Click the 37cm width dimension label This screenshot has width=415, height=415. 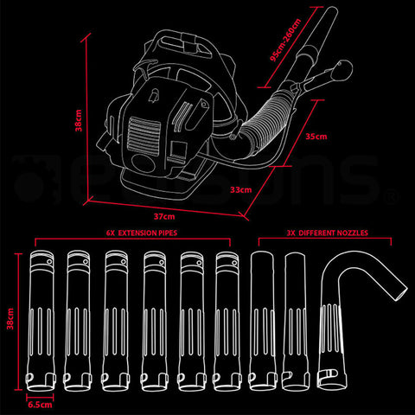(x=164, y=216)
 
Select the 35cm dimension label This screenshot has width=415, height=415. (x=316, y=136)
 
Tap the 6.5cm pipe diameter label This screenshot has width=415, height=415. (x=39, y=404)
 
